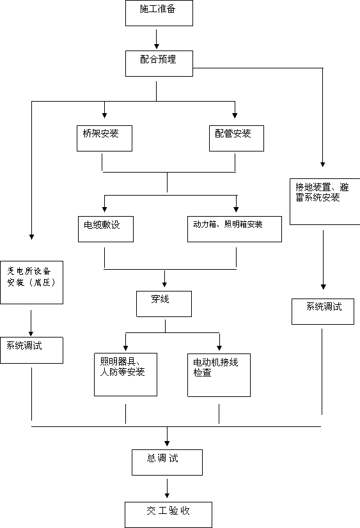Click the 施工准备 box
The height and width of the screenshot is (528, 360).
tap(159, 13)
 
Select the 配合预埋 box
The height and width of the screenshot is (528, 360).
tap(159, 64)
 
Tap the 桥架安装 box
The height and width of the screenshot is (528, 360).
tap(104, 139)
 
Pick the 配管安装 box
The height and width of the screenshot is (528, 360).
tap(237, 139)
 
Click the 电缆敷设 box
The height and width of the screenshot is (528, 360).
tap(106, 229)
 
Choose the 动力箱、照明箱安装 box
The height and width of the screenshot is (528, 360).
tap(235, 229)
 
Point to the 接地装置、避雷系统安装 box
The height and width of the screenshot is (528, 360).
tap(325, 202)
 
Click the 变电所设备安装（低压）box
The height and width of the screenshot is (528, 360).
tap(32, 283)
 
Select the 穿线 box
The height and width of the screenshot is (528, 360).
tap(164, 304)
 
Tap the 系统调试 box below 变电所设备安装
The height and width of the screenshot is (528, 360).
tap(32, 350)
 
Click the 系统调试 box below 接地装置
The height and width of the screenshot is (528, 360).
tap(323, 311)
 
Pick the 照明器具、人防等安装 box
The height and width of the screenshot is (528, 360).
tap(125, 375)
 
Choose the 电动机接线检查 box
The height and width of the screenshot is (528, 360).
tap(219, 375)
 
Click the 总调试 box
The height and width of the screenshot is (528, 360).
tap(167, 462)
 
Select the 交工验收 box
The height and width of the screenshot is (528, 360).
tap(168, 515)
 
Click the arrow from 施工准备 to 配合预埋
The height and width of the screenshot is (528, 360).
tap(157, 39)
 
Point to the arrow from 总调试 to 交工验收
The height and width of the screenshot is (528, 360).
tap(167, 488)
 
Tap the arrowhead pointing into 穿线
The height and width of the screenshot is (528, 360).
tap(165, 284)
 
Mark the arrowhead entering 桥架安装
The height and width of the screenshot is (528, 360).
tap(104, 115)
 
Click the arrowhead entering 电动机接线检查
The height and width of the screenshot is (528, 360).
tap(219, 348)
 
